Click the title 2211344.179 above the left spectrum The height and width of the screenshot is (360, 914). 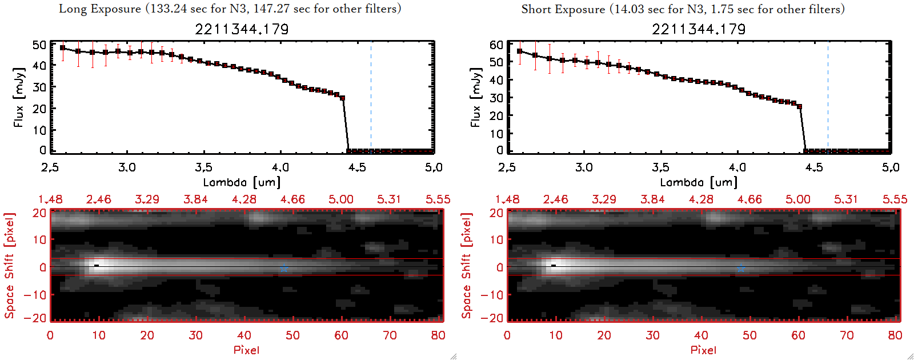click(x=242, y=29)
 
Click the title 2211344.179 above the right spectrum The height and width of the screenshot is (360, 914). click(x=699, y=29)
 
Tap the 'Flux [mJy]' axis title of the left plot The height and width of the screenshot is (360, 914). click(x=19, y=98)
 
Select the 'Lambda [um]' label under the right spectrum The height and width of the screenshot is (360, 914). click(x=699, y=182)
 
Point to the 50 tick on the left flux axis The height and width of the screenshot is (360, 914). click(x=39, y=45)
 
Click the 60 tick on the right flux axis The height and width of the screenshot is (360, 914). click(x=496, y=45)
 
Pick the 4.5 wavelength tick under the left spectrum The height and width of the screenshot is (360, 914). click(x=357, y=167)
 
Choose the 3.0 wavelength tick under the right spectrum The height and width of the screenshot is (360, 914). click(x=584, y=167)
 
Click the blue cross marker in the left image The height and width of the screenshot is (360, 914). click(x=284, y=268)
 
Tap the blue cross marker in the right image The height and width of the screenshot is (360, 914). click(x=741, y=268)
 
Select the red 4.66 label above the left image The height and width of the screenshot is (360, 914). click(x=292, y=199)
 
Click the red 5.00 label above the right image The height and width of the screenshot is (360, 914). click(x=797, y=199)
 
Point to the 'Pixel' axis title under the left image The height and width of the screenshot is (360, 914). click(x=246, y=350)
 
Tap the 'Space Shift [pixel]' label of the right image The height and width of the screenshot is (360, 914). click(x=467, y=266)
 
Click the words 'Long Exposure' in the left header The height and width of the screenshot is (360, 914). click(x=100, y=9)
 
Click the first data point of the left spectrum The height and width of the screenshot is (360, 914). click(x=63, y=48)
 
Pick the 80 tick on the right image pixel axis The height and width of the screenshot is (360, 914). click(x=895, y=335)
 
